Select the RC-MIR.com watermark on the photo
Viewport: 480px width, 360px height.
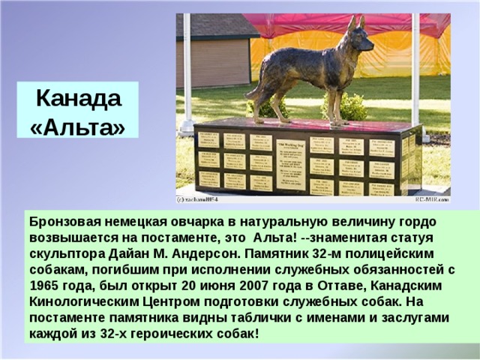tap(430, 200)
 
